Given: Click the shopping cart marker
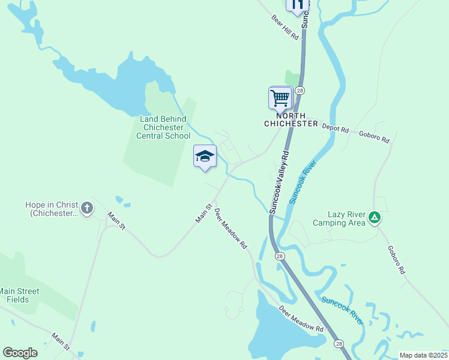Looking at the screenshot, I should pyautogui.click(x=280, y=97).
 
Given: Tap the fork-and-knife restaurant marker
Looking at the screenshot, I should pyautogui.click(x=297, y=5).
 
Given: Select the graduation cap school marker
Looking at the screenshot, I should pyautogui.click(x=205, y=156).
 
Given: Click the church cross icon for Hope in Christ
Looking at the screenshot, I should pyautogui.click(x=87, y=208).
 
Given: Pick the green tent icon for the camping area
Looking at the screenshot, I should pyautogui.click(x=375, y=217).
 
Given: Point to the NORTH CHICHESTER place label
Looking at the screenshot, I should pyautogui.click(x=291, y=119).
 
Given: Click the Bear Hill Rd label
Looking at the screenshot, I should pyautogui.click(x=285, y=28).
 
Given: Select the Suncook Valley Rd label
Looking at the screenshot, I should pyautogui.click(x=279, y=182).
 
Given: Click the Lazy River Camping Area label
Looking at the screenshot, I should pyautogui.click(x=339, y=218).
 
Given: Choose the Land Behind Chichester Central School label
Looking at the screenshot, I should pyautogui.click(x=163, y=127).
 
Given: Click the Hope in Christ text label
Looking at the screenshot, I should pyautogui.click(x=52, y=209).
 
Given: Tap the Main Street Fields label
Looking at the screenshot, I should pyautogui.click(x=20, y=295).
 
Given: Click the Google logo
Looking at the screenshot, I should pyautogui.click(x=20, y=353).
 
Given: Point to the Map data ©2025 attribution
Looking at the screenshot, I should pyautogui.click(x=423, y=355).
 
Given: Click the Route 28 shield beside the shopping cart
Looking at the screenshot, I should pyautogui.click(x=300, y=91).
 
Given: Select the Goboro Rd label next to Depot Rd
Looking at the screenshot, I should pyautogui.click(x=374, y=136).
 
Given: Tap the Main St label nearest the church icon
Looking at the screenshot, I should pyautogui.click(x=116, y=220).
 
